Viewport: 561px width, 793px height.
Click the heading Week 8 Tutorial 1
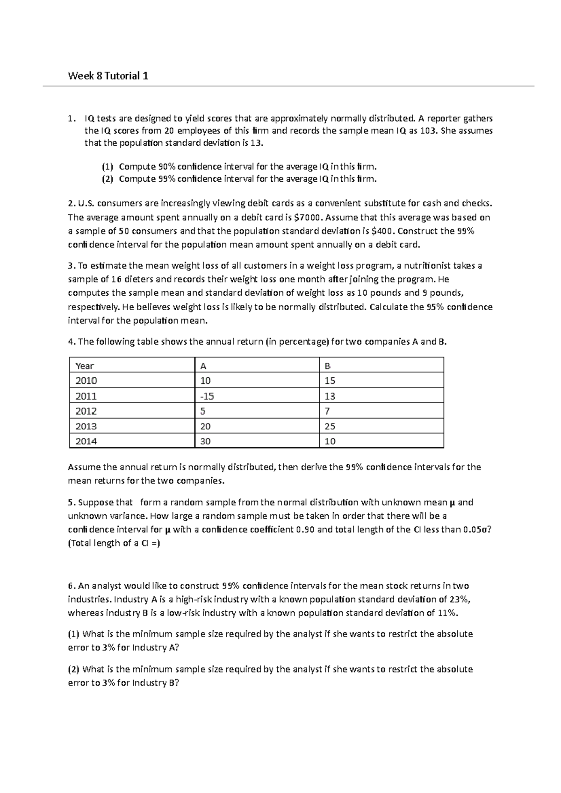coord(108,76)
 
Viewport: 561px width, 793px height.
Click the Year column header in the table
coord(85,366)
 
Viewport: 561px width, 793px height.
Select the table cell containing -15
coord(207,396)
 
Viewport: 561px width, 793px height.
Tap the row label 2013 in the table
coord(86,426)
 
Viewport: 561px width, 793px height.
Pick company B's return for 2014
coord(330,441)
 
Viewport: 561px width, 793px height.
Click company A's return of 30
coord(205,441)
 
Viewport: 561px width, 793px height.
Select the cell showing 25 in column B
coord(330,426)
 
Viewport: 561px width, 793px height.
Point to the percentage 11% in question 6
coord(447,613)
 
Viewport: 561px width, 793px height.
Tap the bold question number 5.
coord(71,503)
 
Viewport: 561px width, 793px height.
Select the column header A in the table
coord(203,366)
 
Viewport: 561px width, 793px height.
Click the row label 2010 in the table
coord(86,381)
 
